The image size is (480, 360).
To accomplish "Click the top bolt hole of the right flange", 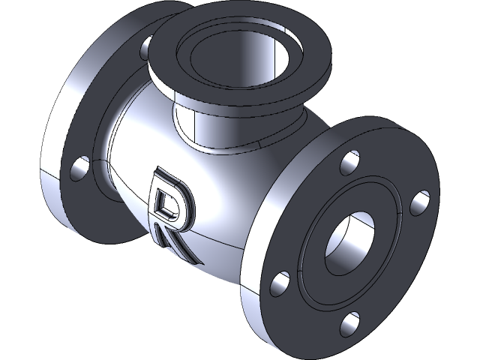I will click(x=349, y=160).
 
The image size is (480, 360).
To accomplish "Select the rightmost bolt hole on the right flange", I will click(x=420, y=202).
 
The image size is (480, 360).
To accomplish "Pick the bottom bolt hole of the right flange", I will click(x=350, y=324).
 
